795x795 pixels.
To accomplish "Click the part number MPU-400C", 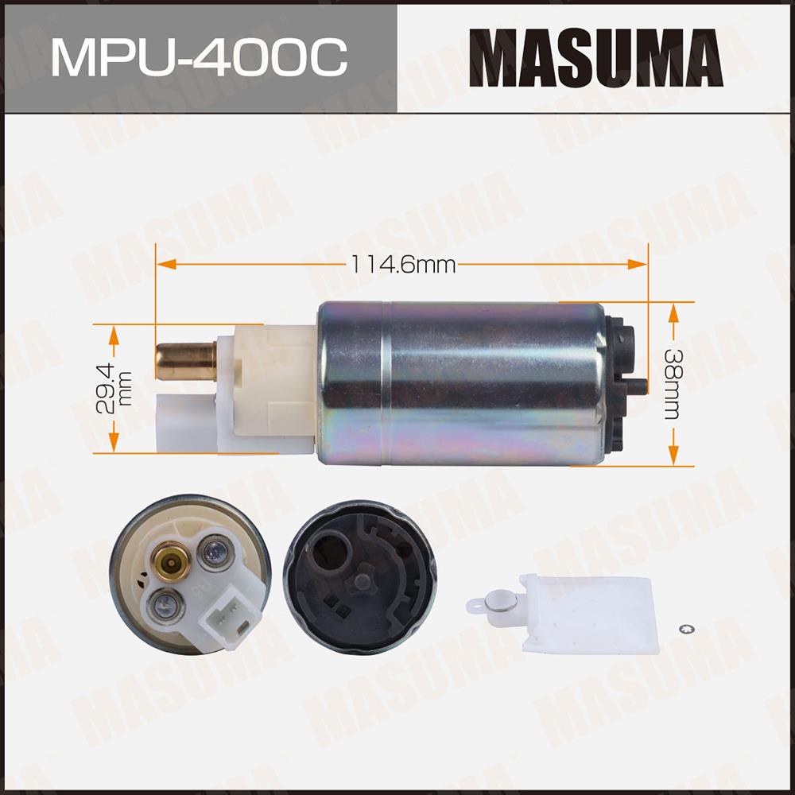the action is pos(200,57).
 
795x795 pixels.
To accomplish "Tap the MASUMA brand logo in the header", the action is pos(595,58).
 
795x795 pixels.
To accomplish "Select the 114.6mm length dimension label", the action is pos(403,264).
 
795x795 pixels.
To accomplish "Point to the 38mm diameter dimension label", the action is pos(673,384).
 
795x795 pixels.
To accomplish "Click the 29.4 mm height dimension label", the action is pos(114,389).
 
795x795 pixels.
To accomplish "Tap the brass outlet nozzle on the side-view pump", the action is pos(186,361).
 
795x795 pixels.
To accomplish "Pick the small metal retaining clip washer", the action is pos(687,629).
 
